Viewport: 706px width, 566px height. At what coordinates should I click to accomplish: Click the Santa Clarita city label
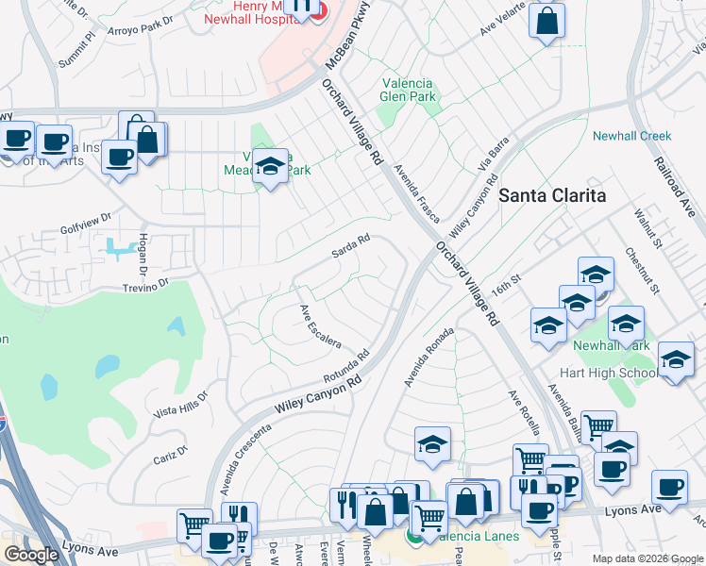(x=551, y=195)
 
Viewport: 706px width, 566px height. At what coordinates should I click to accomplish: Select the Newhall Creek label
(x=631, y=136)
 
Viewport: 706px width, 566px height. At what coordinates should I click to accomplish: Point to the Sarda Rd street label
(x=349, y=248)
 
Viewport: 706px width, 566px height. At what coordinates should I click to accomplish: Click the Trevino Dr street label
(x=143, y=281)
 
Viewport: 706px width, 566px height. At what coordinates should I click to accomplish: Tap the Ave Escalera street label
(x=320, y=326)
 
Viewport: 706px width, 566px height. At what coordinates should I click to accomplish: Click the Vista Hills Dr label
(x=179, y=408)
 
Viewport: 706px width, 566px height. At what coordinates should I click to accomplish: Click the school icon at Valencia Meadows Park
(x=270, y=168)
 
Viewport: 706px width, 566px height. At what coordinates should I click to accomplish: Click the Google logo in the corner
(x=31, y=555)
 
